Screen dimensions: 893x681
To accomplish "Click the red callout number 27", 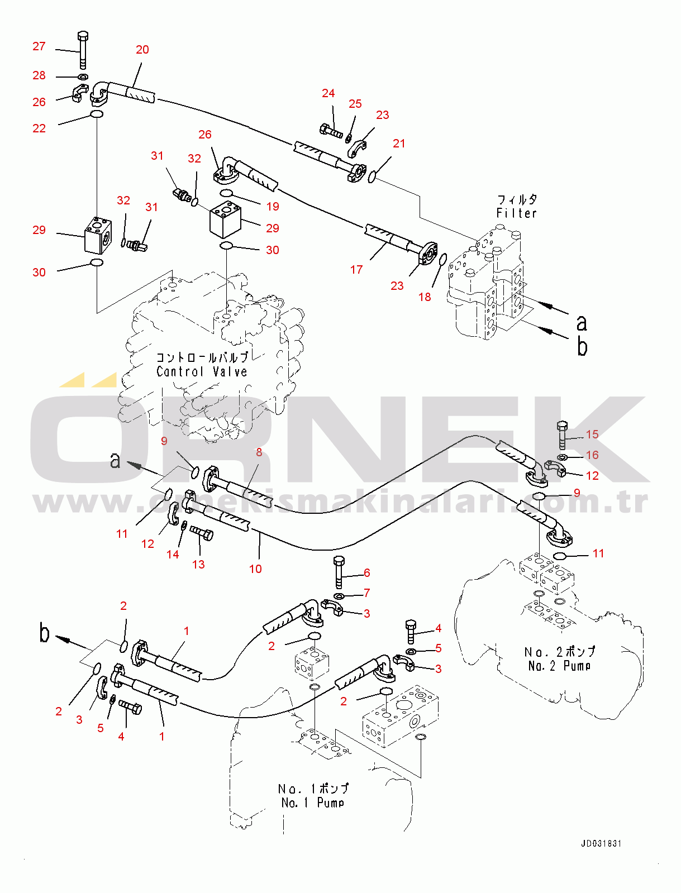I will pyautogui.click(x=39, y=46).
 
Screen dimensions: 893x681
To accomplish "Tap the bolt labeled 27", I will pyautogui.click(x=83, y=50).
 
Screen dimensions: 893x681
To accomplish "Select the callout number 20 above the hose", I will pyautogui.click(x=142, y=50).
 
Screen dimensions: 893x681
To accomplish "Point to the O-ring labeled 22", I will pyautogui.click(x=97, y=115).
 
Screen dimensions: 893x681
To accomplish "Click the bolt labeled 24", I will pyautogui.click(x=331, y=132).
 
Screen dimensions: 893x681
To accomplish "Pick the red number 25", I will pyautogui.click(x=355, y=104).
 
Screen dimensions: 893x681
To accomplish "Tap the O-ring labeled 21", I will pyautogui.click(x=372, y=177).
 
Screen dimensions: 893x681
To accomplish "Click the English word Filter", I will pyautogui.click(x=516, y=213).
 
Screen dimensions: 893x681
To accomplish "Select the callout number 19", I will pyautogui.click(x=273, y=207).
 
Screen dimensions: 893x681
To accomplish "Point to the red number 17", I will pyautogui.click(x=356, y=270).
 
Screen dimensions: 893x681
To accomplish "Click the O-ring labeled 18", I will pyautogui.click(x=442, y=260).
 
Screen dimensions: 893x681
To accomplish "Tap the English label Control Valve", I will pyautogui.click(x=202, y=371).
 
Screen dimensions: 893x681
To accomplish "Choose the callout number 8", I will pyautogui.click(x=259, y=452).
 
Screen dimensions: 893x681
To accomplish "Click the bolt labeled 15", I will pyautogui.click(x=562, y=434).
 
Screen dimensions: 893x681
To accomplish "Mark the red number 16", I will pyautogui.click(x=592, y=455).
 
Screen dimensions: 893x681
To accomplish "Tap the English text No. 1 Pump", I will pyautogui.click(x=313, y=803).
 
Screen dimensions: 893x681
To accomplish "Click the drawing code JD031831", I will pyautogui.click(x=601, y=843).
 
